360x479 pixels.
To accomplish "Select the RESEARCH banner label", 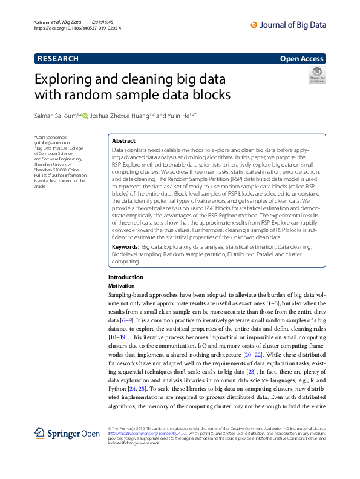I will click(58, 59).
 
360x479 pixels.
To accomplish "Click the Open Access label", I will click(302, 59).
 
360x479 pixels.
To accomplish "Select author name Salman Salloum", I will click(58, 116).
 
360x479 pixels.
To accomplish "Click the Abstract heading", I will click(124, 140).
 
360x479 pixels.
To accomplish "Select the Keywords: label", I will click(128, 248).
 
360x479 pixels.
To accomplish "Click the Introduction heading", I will click(121, 277).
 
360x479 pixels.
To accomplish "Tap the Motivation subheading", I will click(119, 285).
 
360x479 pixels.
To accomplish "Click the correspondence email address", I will click(51, 142).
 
